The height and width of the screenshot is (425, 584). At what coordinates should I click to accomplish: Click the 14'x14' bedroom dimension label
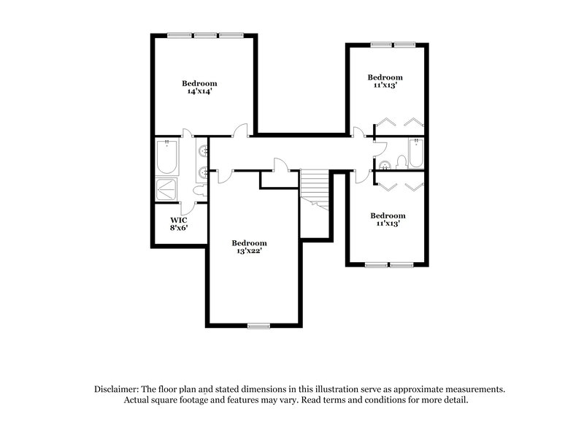tap(199, 92)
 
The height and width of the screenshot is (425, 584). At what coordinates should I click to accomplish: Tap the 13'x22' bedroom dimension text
tap(250, 251)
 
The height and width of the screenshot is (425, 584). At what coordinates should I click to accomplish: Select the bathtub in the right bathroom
tap(416, 153)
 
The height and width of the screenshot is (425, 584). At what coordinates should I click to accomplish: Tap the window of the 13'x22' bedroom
tap(258, 325)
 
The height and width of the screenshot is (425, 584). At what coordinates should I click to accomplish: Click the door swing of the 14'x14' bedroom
tap(239, 132)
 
